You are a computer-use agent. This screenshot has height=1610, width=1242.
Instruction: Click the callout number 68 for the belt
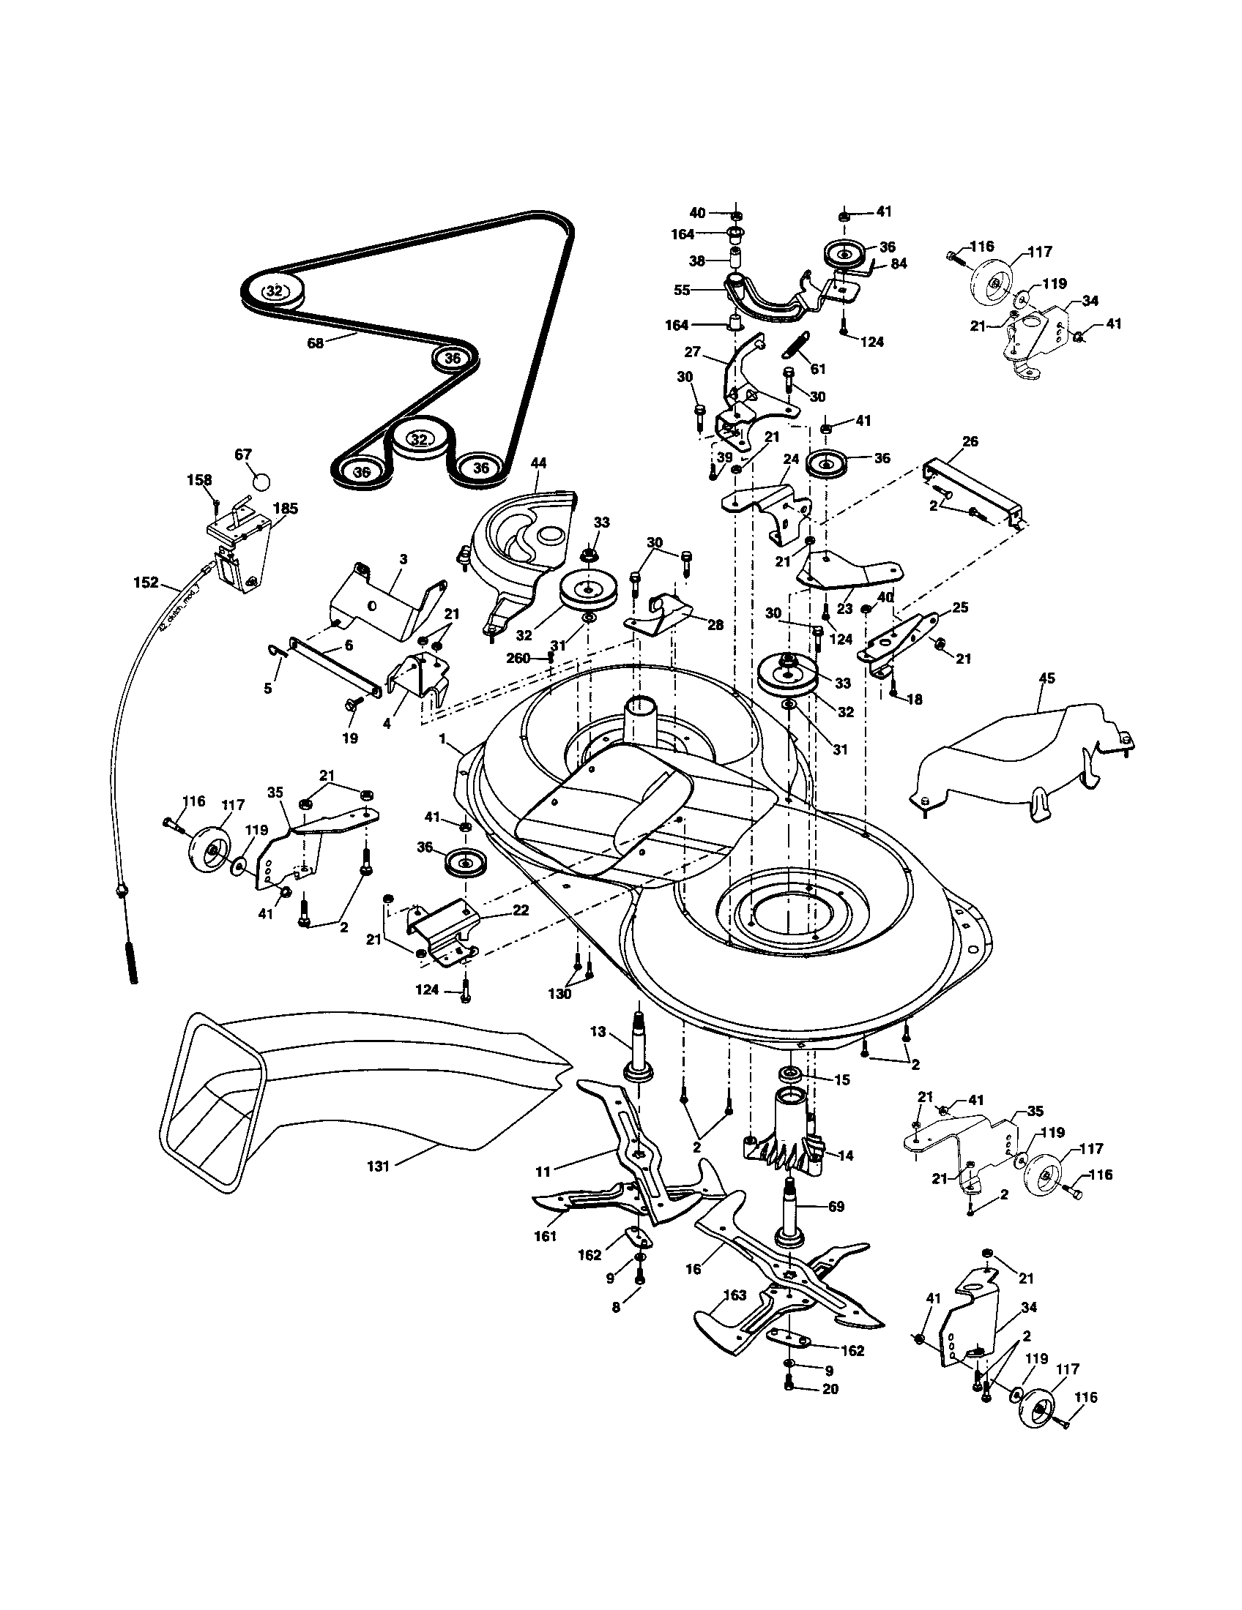click(315, 342)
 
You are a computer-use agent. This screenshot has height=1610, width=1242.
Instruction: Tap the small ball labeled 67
click(261, 482)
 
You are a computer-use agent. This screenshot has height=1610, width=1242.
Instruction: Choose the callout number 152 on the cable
click(146, 583)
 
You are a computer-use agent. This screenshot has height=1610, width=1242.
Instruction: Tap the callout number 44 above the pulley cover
click(538, 463)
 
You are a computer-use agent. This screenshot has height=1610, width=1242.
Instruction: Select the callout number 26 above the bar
click(970, 441)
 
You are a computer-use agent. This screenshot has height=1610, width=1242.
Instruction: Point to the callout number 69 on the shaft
click(836, 1207)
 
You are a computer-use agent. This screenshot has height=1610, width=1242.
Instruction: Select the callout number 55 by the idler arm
click(683, 291)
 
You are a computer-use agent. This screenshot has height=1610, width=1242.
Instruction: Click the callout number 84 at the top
click(899, 263)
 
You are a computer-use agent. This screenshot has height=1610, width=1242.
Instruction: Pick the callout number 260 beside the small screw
click(518, 659)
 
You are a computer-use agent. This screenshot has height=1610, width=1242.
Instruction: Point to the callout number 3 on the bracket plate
click(403, 561)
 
